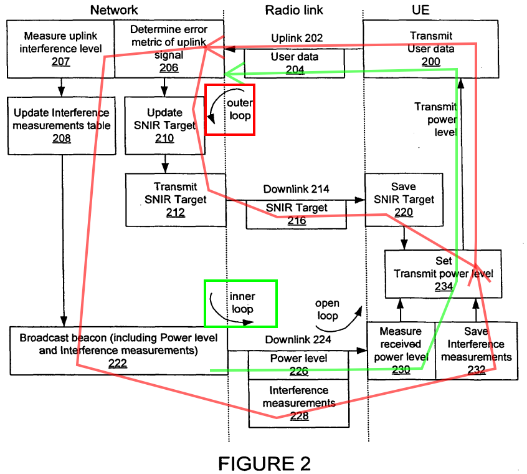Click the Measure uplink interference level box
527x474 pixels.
[61, 49]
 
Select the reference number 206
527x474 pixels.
[169, 67]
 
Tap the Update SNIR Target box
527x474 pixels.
[164, 125]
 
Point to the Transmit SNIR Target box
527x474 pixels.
[176, 200]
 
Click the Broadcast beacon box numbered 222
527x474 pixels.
[118, 351]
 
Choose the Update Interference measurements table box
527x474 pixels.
[62, 125]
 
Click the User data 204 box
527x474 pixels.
[295, 64]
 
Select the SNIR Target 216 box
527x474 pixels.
[297, 215]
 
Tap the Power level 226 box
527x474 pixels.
[298, 365]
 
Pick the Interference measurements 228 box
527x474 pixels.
[299, 404]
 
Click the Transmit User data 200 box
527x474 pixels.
[431, 49]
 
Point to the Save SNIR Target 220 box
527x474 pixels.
[404, 200]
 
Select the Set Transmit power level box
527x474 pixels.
[444, 274]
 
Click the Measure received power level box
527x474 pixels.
[401, 351]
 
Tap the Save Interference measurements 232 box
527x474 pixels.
[477, 351]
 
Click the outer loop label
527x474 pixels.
[240, 109]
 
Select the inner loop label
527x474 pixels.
[242, 302]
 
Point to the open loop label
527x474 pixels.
[327, 309]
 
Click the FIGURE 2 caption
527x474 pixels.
[265, 463]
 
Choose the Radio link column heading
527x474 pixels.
[294, 10]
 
